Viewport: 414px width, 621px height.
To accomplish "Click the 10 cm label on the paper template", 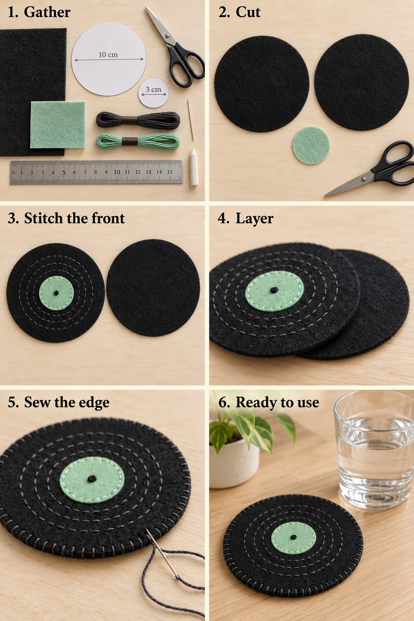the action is (108, 55).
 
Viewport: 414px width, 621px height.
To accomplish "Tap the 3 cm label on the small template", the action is (153, 89).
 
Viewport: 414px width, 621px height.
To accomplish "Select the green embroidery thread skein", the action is (138, 141).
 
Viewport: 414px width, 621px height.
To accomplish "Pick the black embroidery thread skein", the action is (138, 120).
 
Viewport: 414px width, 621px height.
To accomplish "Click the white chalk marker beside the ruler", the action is (194, 167).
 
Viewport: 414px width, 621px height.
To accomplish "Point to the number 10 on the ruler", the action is (117, 172).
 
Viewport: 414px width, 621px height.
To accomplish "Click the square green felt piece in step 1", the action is (58, 125).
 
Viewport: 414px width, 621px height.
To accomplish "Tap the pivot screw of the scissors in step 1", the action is (167, 36).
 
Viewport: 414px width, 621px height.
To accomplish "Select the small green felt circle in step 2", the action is (311, 145).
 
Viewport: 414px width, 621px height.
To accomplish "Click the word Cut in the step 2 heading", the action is (248, 12).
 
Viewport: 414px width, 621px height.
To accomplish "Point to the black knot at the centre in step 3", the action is (56, 293).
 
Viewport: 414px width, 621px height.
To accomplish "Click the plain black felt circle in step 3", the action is (153, 287).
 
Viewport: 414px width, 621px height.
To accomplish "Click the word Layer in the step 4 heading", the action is (254, 219).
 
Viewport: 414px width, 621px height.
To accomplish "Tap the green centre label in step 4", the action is (275, 291).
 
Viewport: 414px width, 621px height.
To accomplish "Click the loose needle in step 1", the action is (190, 120).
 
